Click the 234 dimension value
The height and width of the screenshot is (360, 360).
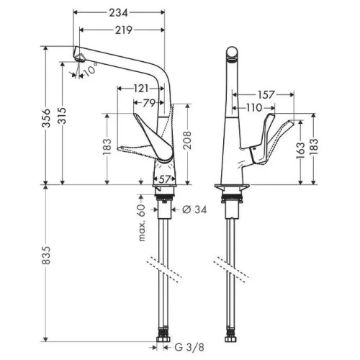[118, 13]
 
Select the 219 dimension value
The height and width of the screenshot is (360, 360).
[124, 30]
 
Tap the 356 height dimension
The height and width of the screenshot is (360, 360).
[46, 118]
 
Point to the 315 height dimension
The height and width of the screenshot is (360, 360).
[62, 116]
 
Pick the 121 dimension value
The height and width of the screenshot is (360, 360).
[141, 89]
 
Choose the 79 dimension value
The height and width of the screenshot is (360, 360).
[149, 103]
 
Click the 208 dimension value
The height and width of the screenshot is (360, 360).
[187, 140]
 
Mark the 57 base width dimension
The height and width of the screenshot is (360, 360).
[165, 179]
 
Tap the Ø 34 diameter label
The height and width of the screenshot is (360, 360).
[194, 210]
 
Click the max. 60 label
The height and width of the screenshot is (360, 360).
[142, 222]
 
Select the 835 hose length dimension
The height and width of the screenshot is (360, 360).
[46, 255]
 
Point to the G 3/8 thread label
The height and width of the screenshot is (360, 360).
[189, 347]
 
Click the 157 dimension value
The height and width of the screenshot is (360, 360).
[266, 94]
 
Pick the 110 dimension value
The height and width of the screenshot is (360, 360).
[254, 108]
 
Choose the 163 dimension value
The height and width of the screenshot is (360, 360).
[300, 150]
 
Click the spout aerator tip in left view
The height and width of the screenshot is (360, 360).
[80, 58]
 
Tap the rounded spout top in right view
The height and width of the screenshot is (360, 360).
[233, 53]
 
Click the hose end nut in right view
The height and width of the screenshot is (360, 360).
[231, 339]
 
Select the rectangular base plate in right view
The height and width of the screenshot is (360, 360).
[232, 186]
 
